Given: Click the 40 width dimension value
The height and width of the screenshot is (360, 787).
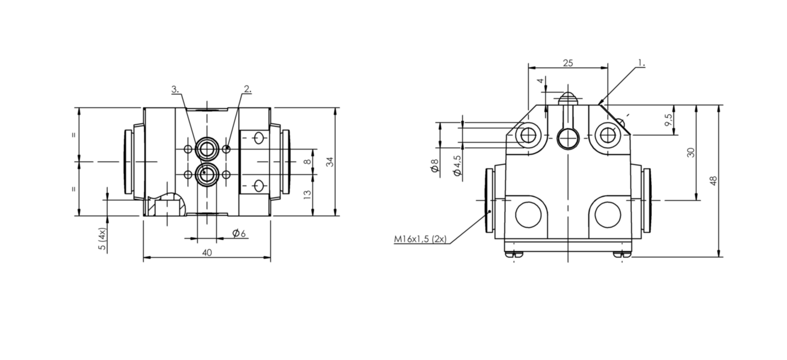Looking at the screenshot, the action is (x=207, y=252).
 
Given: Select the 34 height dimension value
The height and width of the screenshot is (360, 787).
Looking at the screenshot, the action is (x=330, y=161).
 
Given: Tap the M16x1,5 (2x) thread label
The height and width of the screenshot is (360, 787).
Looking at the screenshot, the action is (x=420, y=239).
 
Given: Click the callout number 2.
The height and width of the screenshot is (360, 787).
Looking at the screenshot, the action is (x=248, y=89).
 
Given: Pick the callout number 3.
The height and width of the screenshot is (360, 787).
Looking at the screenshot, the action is (x=175, y=90).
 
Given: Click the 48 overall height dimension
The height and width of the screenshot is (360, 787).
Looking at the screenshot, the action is (x=713, y=181).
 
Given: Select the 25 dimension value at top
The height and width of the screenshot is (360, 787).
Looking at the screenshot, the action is (x=568, y=63).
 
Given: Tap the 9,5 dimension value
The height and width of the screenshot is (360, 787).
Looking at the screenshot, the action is (x=668, y=120).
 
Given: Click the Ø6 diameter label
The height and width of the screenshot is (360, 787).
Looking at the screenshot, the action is (x=239, y=233).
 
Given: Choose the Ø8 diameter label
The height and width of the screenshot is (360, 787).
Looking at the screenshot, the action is (x=435, y=165).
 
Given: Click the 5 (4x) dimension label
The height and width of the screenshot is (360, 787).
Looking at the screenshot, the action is (x=102, y=239).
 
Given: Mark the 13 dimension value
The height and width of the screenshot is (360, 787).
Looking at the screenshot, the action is (x=307, y=195).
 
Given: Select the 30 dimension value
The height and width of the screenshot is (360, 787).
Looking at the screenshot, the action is (x=691, y=152).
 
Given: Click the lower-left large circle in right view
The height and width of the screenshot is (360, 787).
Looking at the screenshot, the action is (x=529, y=215).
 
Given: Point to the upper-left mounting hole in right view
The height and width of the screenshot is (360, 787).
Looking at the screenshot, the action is (x=528, y=135).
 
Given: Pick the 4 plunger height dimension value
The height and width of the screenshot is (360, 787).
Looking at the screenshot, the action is (x=541, y=80).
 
